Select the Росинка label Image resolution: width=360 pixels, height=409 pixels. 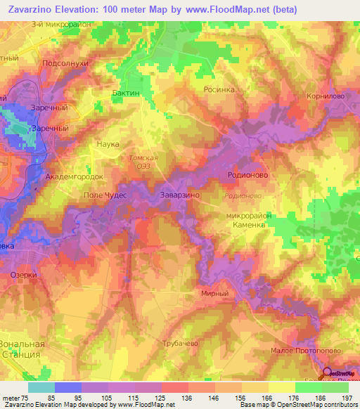click(x=219, y=90)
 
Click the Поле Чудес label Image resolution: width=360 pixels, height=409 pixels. click(x=105, y=195)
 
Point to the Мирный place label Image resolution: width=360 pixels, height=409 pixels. click(x=214, y=294)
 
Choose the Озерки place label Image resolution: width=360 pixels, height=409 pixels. click(x=24, y=275)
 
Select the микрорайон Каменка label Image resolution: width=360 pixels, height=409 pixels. click(x=248, y=221)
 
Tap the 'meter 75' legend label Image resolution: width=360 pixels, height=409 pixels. click(x=15, y=398)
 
